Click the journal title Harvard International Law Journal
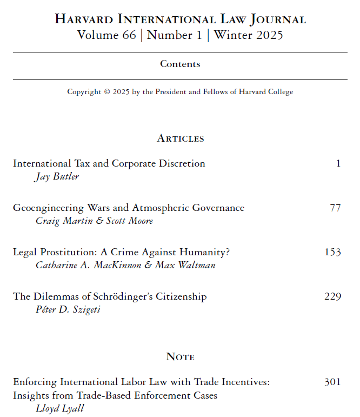[x=180, y=19]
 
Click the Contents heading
[x=180, y=64]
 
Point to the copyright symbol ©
[x=106, y=92]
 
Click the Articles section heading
[x=180, y=138]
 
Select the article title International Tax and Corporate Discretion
[x=109, y=163]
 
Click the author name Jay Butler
[x=57, y=177]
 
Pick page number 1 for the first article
[x=338, y=163]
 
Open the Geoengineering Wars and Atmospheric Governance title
[x=129, y=208]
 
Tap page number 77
[x=335, y=208]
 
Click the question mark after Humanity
[x=228, y=252]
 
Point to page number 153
[x=332, y=252]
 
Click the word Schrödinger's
[x=124, y=296]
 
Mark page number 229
[x=332, y=296]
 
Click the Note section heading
[x=180, y=357]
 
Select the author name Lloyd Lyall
[x=59, y=408]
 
